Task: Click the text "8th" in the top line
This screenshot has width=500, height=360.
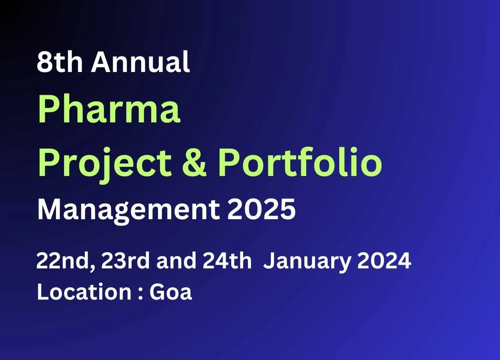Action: pos(60,62)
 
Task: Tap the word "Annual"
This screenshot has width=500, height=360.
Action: pos(140,62)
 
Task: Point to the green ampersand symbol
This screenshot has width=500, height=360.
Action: pos(194,162)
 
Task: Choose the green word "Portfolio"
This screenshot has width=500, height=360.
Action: pos(300,162)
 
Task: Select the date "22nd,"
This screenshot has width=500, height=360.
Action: pos(66,261)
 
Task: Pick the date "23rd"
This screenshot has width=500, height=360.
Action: pos(125,260)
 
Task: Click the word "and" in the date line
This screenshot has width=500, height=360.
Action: pos(176,260)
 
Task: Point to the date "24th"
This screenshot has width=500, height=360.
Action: pos(227,260)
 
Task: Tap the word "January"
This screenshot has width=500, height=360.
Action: pos(306,262)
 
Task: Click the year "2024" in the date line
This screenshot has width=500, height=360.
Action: pos(384,261)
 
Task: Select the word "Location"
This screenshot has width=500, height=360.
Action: pos(84,292)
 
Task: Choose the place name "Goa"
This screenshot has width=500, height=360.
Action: pos(171,292)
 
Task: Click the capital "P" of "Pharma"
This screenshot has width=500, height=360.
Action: pos(49,110)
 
